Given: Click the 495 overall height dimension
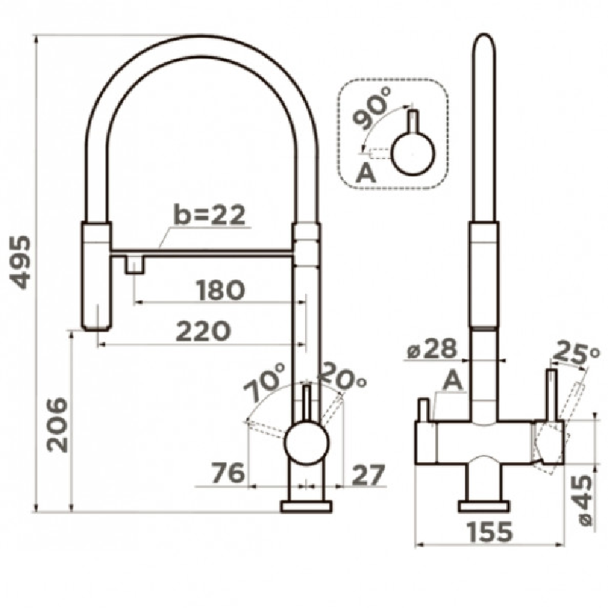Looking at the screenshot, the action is pos(21,262).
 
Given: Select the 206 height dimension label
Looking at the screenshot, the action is pos(57,425).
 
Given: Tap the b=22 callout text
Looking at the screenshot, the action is pos(210,214).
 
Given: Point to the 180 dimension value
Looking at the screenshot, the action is pos(220,290).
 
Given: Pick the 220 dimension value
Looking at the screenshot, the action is pos(203,331).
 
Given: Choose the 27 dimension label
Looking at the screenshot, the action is pos(368,475).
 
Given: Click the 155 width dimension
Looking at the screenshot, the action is pos(490,531).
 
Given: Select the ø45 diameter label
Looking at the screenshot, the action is pos(583,500).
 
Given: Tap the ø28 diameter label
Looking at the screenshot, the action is pos(432,349).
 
